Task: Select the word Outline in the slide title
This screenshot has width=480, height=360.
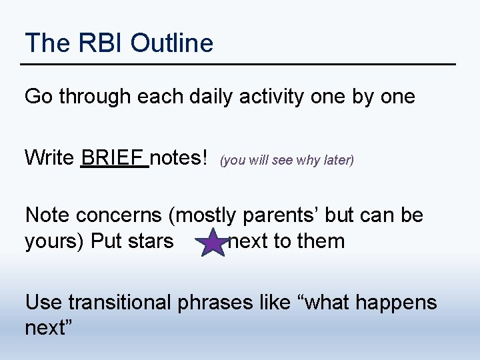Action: (172, 43)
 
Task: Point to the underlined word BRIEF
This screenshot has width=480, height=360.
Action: (114, 158)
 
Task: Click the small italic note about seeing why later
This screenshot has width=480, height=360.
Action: (287, 160)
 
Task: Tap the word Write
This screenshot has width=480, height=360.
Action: (49, 158)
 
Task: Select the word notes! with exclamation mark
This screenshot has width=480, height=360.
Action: (180, 158)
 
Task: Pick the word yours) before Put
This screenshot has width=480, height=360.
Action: (53, 241)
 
